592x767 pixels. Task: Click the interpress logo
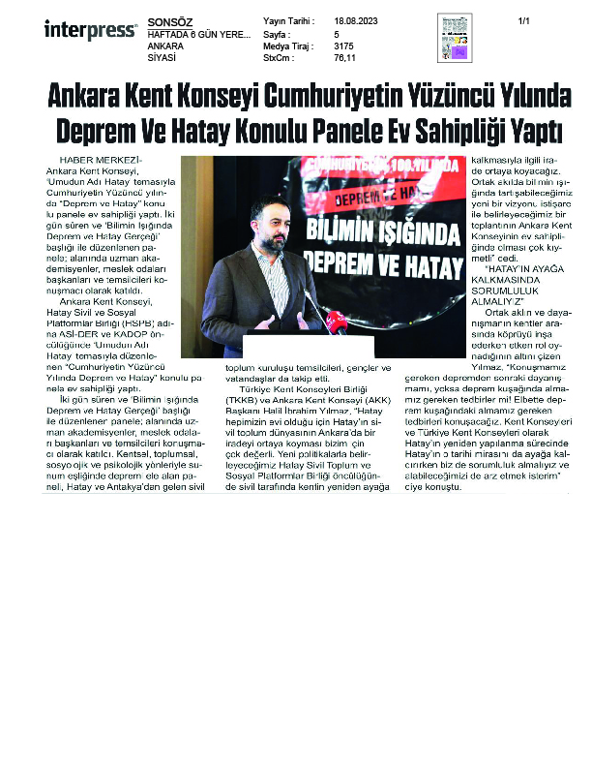click(90, 30)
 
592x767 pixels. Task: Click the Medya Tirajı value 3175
click(343, 45)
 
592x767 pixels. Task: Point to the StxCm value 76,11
click(345, 57)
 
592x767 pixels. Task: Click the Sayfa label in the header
click(277, 33)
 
